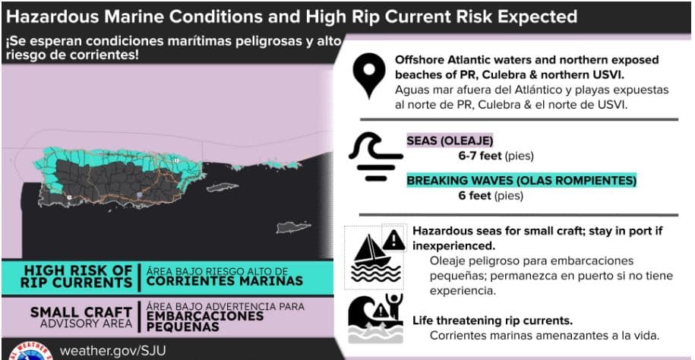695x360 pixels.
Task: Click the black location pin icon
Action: pyautogui.click(x=369, y=76)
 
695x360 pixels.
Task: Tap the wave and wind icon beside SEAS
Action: pyautogui.click(x=374, y=156)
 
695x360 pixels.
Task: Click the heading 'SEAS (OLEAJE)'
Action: pyautogui.click(x=450, y=141)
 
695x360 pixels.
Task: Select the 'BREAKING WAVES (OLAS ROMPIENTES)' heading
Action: pyautogui.click(x=521, y=181)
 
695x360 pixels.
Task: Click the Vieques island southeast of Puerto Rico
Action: pyautogui.click(x=223, y=187)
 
